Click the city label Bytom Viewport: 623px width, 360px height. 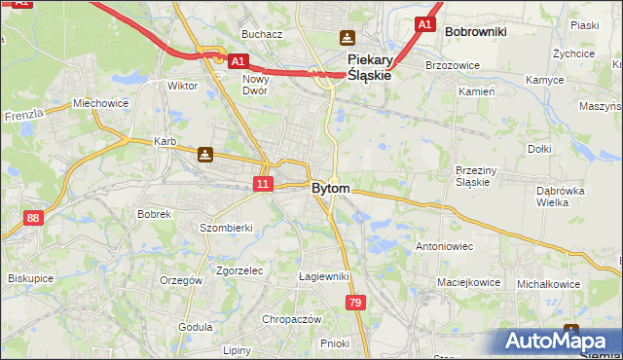click(x=331, y=188)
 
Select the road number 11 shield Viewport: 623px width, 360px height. click(x=263, y=183)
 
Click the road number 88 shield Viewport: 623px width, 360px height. click(x=34, y=219)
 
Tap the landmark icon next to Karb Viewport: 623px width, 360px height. click(x=204, y=154)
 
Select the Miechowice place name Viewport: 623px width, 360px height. click(x=101, y=103)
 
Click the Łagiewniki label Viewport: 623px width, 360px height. click(x=323, y=276)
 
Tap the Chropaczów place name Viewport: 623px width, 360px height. click(x=291, y=319)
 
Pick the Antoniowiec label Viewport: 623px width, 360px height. click(x=444, y=246)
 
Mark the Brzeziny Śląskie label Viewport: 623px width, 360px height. click(x=479, y=175)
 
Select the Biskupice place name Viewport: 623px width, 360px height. click(x=30, y=278)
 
